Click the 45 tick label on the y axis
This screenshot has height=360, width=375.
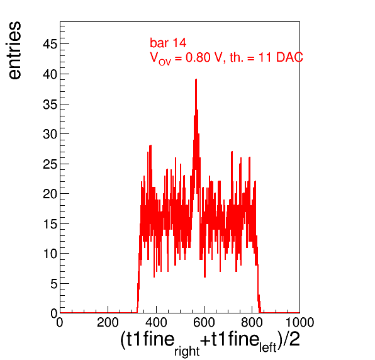click(x=50, y=44)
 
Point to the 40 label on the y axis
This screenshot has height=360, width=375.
click(x=50, y=74)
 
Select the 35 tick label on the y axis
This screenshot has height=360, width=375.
click(x=50, y=104)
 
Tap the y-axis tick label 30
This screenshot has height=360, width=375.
click(x=50, y=134)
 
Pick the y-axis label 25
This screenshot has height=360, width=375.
click(x=50, y=164)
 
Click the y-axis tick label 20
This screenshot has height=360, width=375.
click(x=50, y=194)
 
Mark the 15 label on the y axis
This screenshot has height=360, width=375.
click(x=50, y=224)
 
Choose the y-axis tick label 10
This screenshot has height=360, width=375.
click(x=50, y=254)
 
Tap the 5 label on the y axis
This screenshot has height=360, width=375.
click(x=54, y=284)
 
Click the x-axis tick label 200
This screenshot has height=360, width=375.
click(x=108, y=322)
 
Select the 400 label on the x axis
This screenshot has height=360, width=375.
click(x=156, y=322)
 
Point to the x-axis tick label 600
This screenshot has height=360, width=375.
click(x=204, y=322)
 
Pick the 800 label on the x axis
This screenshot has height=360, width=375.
click(x=252, y=322)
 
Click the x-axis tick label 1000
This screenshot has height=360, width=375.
click(x=300, y=322)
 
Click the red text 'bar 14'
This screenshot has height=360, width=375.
click(x=168, y=43)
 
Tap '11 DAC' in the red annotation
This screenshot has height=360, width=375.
click(x=281, y=57)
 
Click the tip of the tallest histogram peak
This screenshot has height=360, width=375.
click(x=196, y=79)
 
